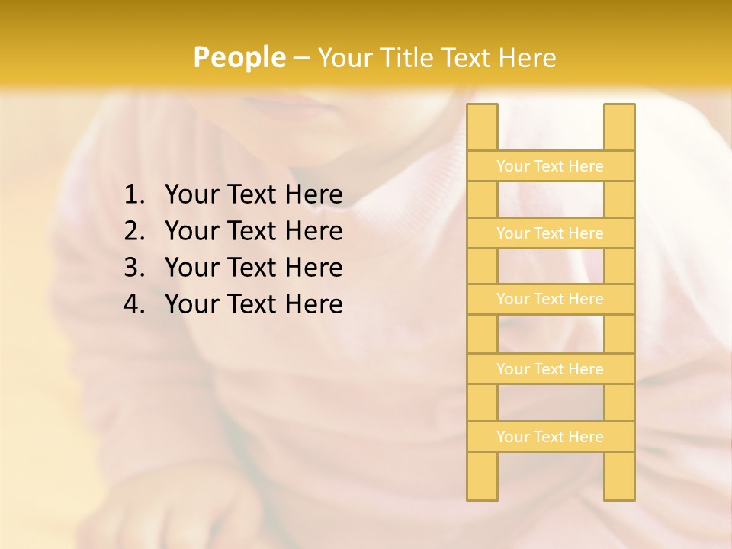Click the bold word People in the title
(239, 58)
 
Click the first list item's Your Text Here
(253, 195)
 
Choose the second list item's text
(253, 231)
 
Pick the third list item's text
(253, 268)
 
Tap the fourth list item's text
(253, 304)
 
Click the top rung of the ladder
(550, 166)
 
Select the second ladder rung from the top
(550, 233)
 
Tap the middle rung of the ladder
(550, 299)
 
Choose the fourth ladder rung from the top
(550, 369)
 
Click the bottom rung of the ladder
(550, 437)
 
